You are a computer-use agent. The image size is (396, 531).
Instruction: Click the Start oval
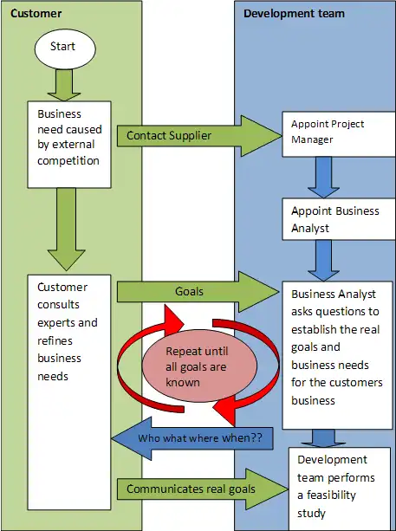click(65, 49)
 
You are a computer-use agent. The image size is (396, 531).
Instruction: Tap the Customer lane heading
click(36, 14)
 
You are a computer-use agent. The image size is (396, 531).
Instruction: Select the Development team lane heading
click(294, 14)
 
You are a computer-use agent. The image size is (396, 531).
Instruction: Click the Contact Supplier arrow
click(199, 136)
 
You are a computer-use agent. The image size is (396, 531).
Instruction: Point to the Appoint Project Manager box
click(339, 134)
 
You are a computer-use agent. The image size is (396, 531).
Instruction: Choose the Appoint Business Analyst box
click(339, 219)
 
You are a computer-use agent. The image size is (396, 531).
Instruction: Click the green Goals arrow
click(198, 292)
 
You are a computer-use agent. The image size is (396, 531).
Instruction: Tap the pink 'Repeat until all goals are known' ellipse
click(199, 366)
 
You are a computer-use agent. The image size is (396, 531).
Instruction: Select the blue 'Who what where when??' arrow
click(192, 438)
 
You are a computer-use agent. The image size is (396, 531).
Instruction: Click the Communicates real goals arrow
click(203, 489)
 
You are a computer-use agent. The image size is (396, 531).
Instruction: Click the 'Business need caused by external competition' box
click(69, 145)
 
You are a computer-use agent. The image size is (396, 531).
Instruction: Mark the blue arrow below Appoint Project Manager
click(323, 178)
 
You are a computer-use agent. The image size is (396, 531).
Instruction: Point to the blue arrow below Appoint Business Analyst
click(323, 261)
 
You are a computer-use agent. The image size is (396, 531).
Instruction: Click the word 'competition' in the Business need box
click(68, 160)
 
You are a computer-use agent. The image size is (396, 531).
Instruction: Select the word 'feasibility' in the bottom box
click(331, 495)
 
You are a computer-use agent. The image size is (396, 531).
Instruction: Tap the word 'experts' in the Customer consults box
click(56, 323)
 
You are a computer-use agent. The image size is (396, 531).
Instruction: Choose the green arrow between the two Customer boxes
click(67, 230)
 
